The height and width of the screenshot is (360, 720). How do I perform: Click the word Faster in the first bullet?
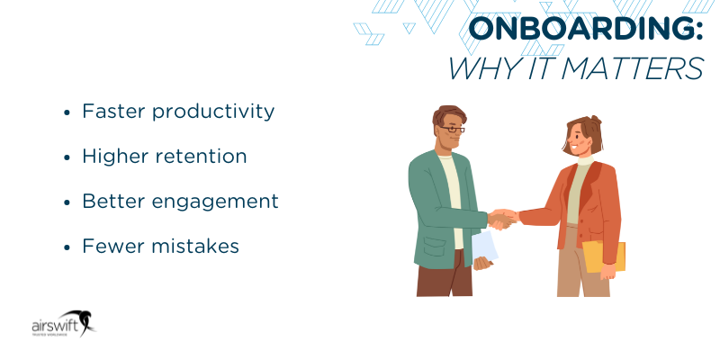click(x=112, y=111)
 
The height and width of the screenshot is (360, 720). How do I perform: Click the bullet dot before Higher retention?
click(x=67, y=157)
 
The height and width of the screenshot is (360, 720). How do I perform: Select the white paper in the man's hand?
click(x=484, y=245)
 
